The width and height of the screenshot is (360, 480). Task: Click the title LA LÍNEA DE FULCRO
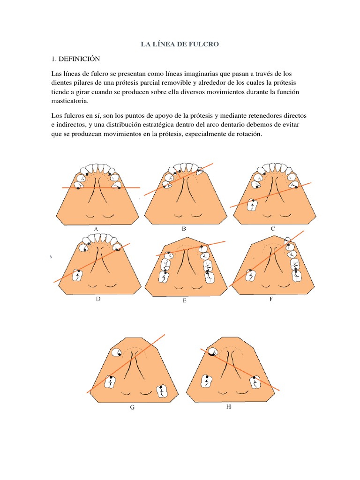pos(180,44)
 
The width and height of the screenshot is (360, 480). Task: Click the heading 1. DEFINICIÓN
pos(75,59)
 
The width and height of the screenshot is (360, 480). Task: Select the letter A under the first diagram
pos(96,229)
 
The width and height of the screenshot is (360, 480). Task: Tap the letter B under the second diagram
pos(184,229)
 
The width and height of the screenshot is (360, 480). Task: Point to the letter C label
pos(273,228)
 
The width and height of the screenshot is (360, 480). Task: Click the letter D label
pos(98,299)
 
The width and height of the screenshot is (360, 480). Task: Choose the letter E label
pos(184,301)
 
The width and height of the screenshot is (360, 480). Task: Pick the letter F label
pos(271,299)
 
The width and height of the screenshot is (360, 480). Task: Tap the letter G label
pos(132,408)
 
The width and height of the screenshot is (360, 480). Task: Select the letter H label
pos(228,407)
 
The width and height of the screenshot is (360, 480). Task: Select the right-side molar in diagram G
pos(162,390)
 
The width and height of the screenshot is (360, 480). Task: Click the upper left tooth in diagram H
pos(212,352)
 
